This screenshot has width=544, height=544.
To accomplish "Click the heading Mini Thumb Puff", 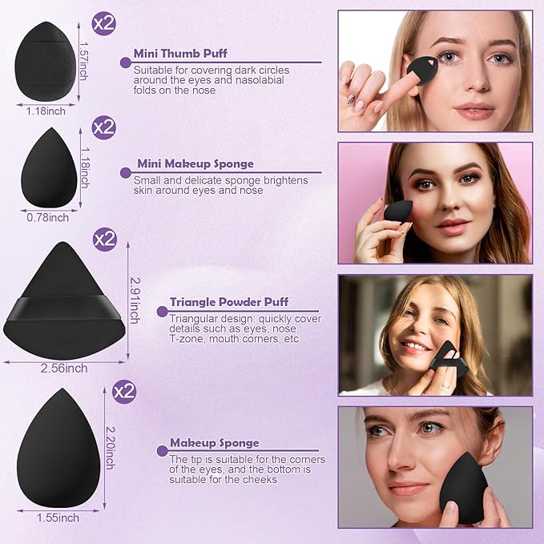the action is (180, 54).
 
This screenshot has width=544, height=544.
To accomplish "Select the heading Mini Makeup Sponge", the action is (195, 163).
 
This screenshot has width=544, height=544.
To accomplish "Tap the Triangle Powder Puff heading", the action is (229, 302).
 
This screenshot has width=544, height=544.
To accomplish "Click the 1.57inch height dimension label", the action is (83, 61).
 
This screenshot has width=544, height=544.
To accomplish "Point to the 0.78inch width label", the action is (48, 218).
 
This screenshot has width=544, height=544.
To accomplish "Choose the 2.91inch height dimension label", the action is (135, 300).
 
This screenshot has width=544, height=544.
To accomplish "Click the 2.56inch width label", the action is (64, 368).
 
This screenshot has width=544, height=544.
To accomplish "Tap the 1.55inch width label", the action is (58, 518).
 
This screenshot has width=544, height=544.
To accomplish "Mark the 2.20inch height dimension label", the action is (110, 448).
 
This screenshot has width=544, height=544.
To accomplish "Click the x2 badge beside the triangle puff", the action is (104, 239).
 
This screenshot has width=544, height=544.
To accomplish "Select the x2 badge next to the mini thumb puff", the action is (103, 23).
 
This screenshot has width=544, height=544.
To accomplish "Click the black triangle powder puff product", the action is (64, 300).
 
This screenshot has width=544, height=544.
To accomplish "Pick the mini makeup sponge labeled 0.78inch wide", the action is (49, 167).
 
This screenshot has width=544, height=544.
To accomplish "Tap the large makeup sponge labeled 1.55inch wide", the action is (58, 448).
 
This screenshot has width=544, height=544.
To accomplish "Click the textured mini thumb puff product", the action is (46, 62).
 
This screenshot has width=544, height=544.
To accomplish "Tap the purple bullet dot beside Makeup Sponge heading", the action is (162, 451).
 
